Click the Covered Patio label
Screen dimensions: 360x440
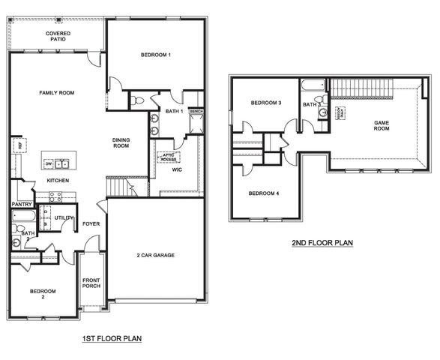click(59, 36)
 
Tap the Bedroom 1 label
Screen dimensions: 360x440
click(156, 55)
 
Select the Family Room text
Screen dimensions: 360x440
click(57, 92)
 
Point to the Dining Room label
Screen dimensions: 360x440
click(122, 142)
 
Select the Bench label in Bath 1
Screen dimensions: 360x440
click(196, 112)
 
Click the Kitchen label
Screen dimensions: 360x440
click(58, 181)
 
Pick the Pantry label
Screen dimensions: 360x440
click(21, 204)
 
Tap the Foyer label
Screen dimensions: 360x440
click(91, 223)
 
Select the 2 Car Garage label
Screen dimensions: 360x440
click(155, 256)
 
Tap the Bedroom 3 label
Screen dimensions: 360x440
click(265, 103)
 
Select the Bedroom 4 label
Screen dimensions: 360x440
click(263, 193)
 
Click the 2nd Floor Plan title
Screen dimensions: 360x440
click(322, 243)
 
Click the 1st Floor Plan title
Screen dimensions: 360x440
click(112, 339)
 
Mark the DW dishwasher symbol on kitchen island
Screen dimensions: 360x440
click(49, 163)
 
